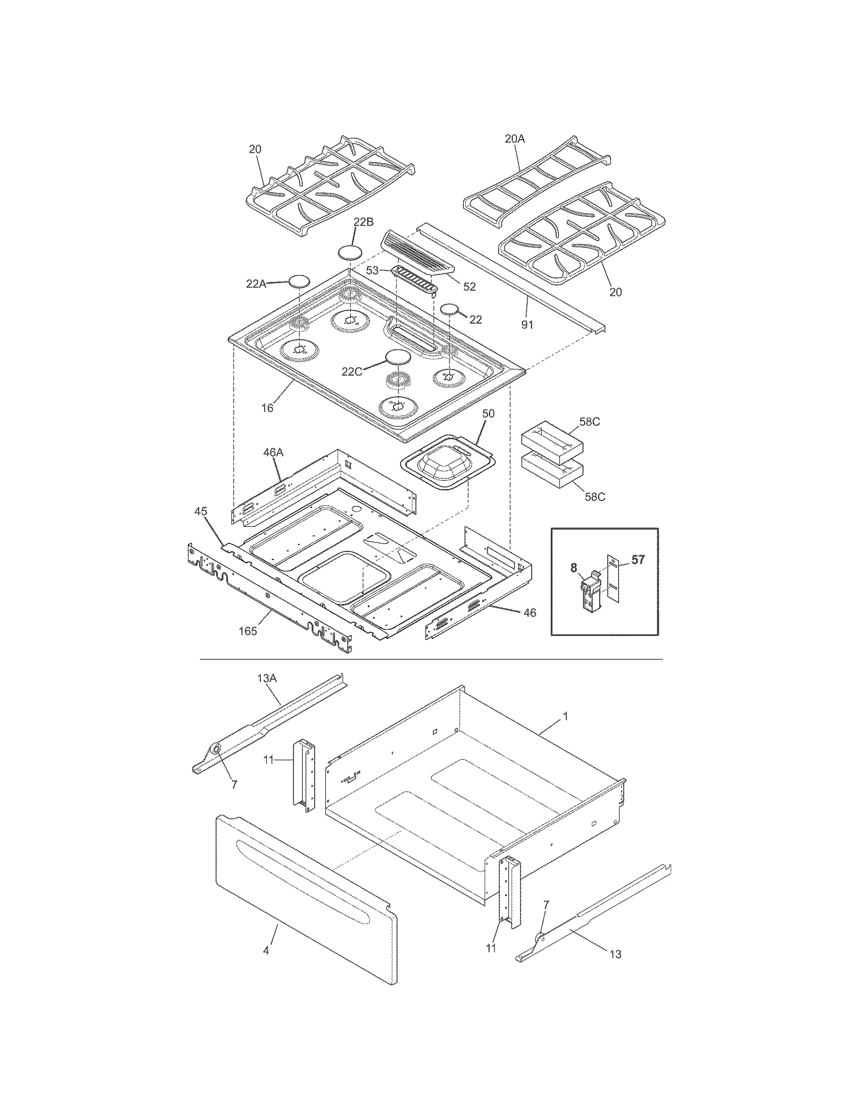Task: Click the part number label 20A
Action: pyautogui.click(x=514, y=139)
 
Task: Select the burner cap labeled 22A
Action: pyautogui.click(x=300, y=281)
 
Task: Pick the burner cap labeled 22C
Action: pyautogui.click(x=398, y=357)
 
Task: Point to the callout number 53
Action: pyautogui.click(x=373, y=270)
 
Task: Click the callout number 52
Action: pyautogui.click(x=469, y=287)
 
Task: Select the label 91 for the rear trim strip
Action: pyautogui.click(x=527, y=324)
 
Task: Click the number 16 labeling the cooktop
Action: pyautogui.click(x=267, y=408)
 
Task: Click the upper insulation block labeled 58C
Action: pyautogui.click(x=552, y=439)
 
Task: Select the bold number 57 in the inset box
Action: pyautogui.click(x=637, y=560)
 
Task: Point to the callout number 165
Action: pyautogui.click(x=247, y=631)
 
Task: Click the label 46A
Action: pyautogui.click(x=273, y=453)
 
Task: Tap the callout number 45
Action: pyautogui.click(x=200, y=512)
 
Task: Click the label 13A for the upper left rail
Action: pyautogui.click(x=266, y=678)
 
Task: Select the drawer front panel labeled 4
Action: pyautogui.click(x=306, y=900)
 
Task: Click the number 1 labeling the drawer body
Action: pyautogui.click(x=565, y=716)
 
